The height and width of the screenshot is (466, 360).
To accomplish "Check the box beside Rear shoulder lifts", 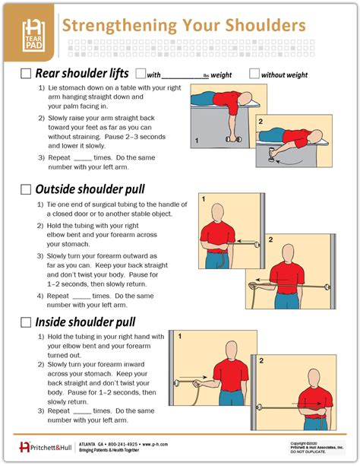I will pyautogui.click(x=25, y=74).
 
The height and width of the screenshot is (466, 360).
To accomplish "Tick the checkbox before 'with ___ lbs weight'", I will pyautogui.click(x=140, y=74).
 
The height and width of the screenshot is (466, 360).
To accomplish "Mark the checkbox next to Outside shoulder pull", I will pyautogui.click(x=25, y=189).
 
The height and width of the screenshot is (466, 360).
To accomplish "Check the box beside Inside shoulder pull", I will pyautogui.click(x=25, y=322).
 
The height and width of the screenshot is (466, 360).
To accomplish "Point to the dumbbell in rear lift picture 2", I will pyautogui.click(x=270, y=158).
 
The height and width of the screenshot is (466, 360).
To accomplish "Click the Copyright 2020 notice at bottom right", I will pyautogui.click(x=307, y=442).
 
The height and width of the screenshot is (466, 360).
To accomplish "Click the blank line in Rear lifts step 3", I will pyautogui.click(x=87, y=157).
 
